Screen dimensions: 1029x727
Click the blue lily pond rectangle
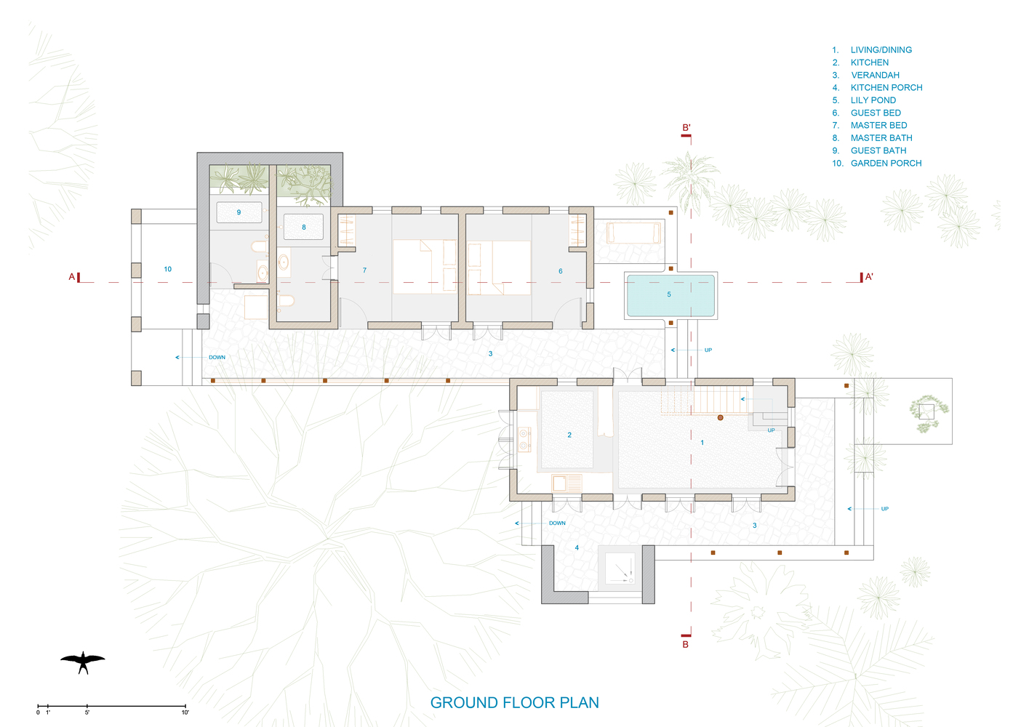click(x=670, y=295)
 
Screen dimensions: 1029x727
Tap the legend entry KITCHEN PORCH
click(x=886, y=87)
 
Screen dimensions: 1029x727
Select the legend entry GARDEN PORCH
click(x=886, y=163)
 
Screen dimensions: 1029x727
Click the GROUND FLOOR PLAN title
click(x=515, y=702)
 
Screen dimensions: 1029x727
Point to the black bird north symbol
click(x=83, y=662)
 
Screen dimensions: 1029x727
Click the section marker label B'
click(x=686, y=127)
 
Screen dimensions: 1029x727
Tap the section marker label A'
click(x=869, y=276)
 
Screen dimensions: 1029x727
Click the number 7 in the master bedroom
click(x=365, y=270)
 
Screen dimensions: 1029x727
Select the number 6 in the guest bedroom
click(x=561, y=271)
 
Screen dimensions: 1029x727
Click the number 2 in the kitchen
click(x=569, y=435)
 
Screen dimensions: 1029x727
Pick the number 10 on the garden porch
click(x=168, y=269)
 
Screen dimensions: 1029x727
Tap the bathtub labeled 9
click(x=239, y=212)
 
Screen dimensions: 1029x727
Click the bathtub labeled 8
click(x=304, y=227)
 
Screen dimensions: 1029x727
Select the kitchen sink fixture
click(x=566, y=484)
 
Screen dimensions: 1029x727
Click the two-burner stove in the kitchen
click(x=524, y=440)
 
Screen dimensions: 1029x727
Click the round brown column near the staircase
click(x=720, y=417)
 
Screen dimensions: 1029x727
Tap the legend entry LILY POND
click(x=873, y=100)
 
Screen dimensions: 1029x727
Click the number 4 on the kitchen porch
click(x=577, y=547)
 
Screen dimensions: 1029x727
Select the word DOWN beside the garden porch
click(x=217, y=357)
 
